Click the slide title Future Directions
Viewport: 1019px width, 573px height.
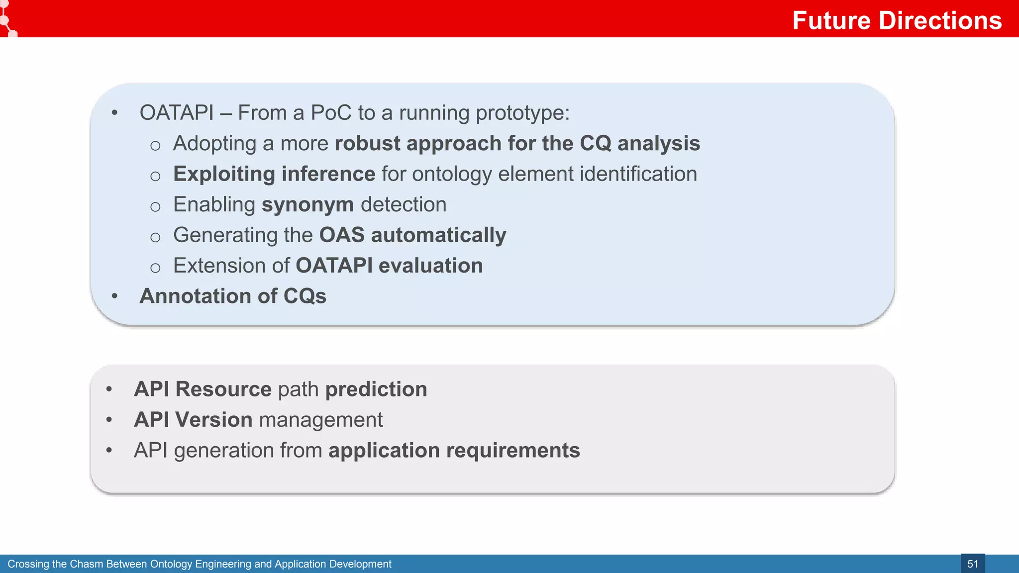897,20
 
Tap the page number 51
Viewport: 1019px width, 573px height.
972,564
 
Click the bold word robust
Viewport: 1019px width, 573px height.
367,143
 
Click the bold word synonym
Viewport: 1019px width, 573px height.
307,205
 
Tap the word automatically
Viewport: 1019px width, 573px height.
438,235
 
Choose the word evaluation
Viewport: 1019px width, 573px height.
430,266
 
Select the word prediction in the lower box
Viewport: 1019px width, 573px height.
376,389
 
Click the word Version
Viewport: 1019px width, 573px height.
214,420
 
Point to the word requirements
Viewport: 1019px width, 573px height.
513,451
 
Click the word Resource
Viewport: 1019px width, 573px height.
223,389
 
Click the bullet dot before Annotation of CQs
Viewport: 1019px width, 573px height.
114,296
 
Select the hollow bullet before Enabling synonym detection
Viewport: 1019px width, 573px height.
155,206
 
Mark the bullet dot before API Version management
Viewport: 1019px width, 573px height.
109,420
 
